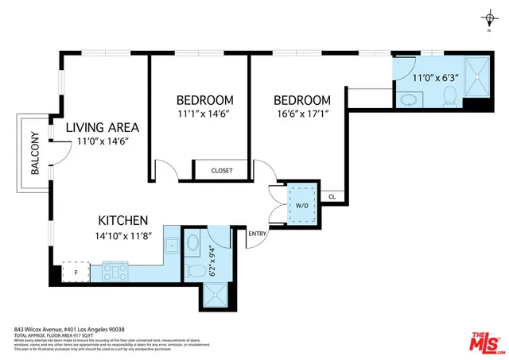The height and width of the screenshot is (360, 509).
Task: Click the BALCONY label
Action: click(x=36, y=153)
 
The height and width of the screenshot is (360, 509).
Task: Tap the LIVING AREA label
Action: click(x=103, y=127)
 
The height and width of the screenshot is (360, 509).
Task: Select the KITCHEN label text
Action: click(x=123, y=220)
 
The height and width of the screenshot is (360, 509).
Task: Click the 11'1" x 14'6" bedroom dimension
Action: click(x=204, y=114)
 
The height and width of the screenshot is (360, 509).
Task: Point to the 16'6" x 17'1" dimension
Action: click(x=302, y=114)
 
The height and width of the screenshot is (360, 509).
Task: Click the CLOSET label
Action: click(x=222, y=171)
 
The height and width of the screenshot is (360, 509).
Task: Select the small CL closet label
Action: click(x=332, y=196)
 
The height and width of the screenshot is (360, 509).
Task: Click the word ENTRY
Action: click(x=258, y=234)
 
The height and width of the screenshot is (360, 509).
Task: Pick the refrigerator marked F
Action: click(x=76, y=270)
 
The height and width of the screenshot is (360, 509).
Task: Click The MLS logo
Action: click(x=481, y=341)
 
